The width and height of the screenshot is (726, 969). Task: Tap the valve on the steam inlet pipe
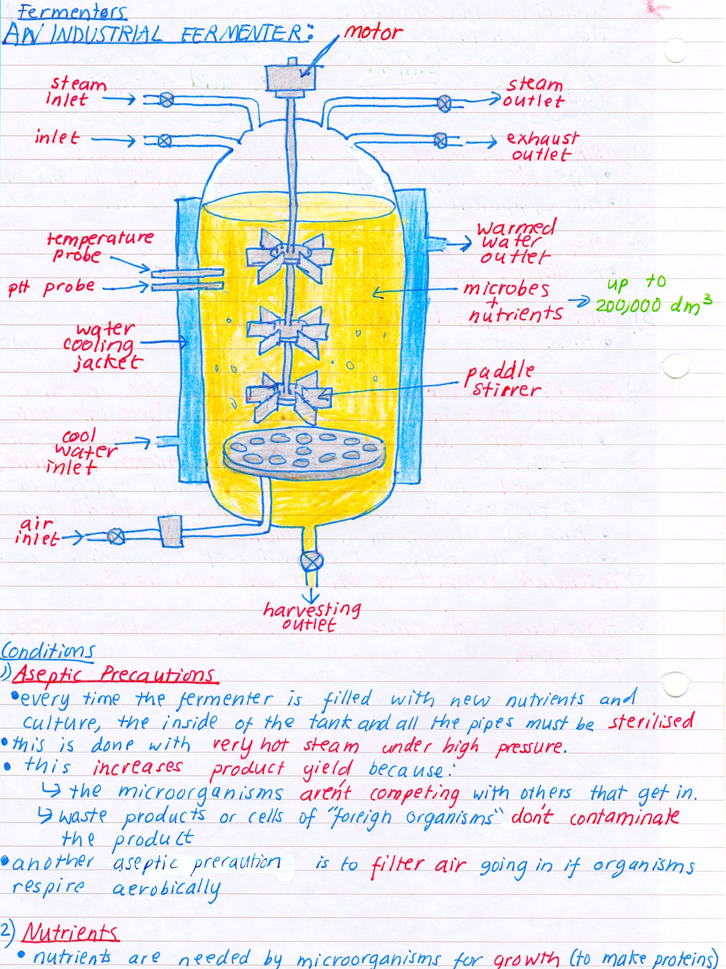[x=166, y=100]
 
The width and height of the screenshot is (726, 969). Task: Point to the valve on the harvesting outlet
[x=311, y=561]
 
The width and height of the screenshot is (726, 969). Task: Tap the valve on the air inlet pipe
[x=116, y=536]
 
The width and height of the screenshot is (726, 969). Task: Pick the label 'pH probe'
[x=52, y=287]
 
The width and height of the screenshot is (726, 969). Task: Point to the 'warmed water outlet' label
[x=516, y=242]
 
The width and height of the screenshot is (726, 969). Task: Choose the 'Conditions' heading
[x=47, y=651]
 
